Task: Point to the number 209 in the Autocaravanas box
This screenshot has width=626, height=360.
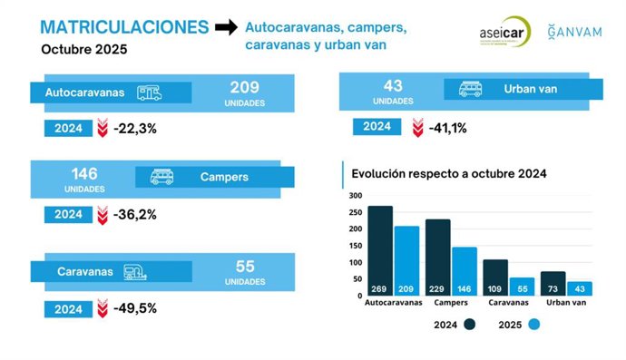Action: tap(244, 88)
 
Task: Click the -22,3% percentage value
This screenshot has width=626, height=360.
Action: tap(135, 129)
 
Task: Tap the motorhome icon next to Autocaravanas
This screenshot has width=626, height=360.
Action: tap(155, 92)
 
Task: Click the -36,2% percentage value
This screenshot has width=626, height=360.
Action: tap(135, 215)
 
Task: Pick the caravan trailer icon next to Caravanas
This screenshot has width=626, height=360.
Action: tap(134, 271)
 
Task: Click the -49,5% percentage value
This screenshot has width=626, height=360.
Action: tap(135, 308)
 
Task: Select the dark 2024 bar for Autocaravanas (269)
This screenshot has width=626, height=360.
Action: tap(380, 250)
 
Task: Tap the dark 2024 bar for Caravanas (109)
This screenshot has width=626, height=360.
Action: tap(495, 277)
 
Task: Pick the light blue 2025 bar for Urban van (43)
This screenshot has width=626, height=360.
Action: tap(579, 288)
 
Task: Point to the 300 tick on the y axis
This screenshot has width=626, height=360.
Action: tap(355, 196)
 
